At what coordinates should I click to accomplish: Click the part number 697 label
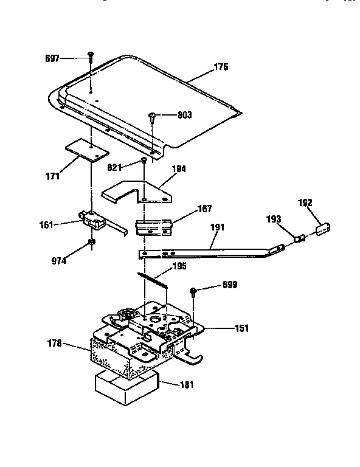point(52,58)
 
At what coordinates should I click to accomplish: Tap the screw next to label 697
point(91,57)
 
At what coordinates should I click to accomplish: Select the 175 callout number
point(221,67)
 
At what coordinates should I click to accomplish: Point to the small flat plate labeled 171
point(87,150)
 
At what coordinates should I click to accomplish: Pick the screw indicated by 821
point(144,161)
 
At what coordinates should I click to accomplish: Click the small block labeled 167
point(154,227)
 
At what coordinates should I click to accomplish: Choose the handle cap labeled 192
point(323,229)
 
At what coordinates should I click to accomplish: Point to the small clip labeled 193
point(299,238)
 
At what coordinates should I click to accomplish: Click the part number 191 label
point(217,227)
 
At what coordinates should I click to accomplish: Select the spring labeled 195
point(153,280)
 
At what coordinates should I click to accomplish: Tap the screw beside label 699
point(193,292)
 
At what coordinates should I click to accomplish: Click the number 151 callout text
point(241,328)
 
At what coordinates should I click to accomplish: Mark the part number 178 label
point(55,344)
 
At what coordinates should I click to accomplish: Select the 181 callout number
point(187,385)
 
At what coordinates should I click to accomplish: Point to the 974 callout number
point(58,261)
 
